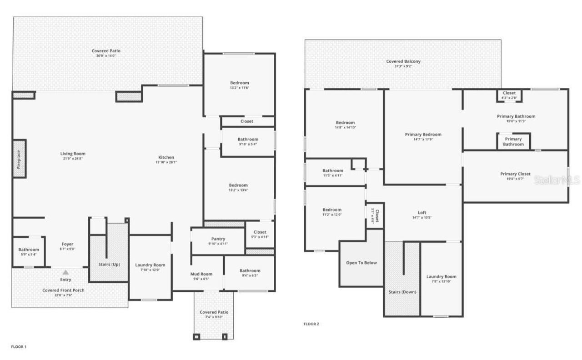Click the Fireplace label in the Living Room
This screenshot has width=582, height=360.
point(19,159)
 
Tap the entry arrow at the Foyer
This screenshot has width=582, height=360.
point(65,272)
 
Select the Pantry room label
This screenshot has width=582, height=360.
point(218,239)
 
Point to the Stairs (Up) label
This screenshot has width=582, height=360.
point(109,264)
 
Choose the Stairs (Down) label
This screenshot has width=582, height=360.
point(402,292)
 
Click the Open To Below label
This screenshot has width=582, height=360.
point(361,263)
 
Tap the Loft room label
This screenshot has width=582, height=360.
point(422,213)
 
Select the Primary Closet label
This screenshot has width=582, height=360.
point(515,174)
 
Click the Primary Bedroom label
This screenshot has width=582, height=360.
point(423,135)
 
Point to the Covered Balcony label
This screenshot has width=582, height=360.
point(403,61)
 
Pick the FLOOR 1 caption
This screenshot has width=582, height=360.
point(19,347)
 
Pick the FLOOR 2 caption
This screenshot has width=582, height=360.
point(311,324)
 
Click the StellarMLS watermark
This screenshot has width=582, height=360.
point(557,180)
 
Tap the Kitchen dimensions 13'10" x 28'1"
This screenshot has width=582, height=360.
point(166,162)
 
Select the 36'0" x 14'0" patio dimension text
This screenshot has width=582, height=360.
point(106,55)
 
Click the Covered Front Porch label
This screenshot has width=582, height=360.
point(63,290)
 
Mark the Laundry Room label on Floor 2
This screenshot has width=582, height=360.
point(441,276)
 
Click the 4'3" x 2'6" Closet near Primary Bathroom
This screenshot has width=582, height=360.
point(509,95)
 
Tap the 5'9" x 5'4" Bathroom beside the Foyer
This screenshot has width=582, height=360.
point(29,252)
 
